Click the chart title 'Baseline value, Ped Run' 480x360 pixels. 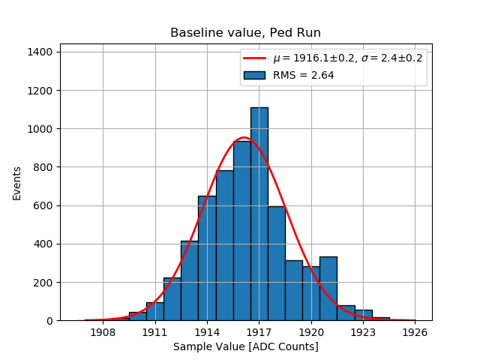pos(245,33)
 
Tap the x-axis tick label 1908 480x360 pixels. pos(103,331)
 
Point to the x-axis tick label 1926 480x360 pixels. pos(415,331)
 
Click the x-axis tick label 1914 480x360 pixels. pos(207,331)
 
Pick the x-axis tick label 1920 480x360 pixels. pos(310,331)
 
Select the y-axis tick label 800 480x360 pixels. pos(40,167)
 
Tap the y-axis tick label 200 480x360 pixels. pos(40,283)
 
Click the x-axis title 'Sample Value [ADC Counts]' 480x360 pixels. pos(245,346)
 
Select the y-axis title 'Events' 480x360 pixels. pos(16,182)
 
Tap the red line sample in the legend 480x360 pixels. pos(253,58)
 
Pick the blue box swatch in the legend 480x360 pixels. pos(253,75)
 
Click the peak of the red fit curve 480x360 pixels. pos(244,138)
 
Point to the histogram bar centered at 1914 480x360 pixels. pos(207,259)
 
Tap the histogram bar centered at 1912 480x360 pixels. pos(172,299)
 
